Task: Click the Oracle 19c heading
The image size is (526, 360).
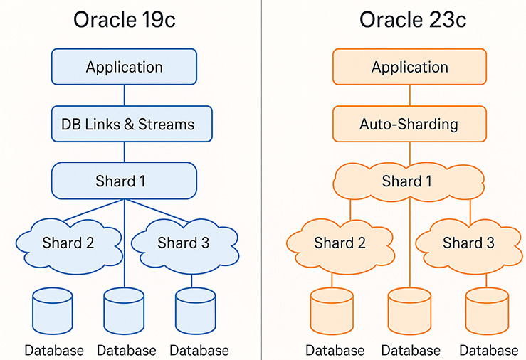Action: [x=124, y=20]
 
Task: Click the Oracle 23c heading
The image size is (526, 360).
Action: [x=413, y=20]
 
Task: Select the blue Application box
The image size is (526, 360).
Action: [x=124, y=67]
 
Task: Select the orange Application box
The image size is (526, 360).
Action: [x=409, y=67]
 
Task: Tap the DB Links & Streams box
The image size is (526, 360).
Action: [x=132, y=124]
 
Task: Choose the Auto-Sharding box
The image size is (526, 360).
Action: [x=409, y=124]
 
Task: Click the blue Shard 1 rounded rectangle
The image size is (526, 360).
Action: [x=124, y=181]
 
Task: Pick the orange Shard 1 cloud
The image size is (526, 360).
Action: [x=409, y=182]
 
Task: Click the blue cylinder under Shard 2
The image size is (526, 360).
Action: [x=53, y=311]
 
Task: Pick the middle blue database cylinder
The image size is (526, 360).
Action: [x=124, y=311]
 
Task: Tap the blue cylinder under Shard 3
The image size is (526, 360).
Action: [x=196, y=311]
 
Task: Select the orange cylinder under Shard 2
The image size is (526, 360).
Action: [x=332, y=311]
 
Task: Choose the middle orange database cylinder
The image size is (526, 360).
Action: [x=409, y=311]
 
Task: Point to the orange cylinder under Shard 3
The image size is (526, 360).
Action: [x=487, y=311]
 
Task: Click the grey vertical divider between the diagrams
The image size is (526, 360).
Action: [x=261, y=180]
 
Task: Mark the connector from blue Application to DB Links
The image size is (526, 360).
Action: [x=125, y=95]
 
